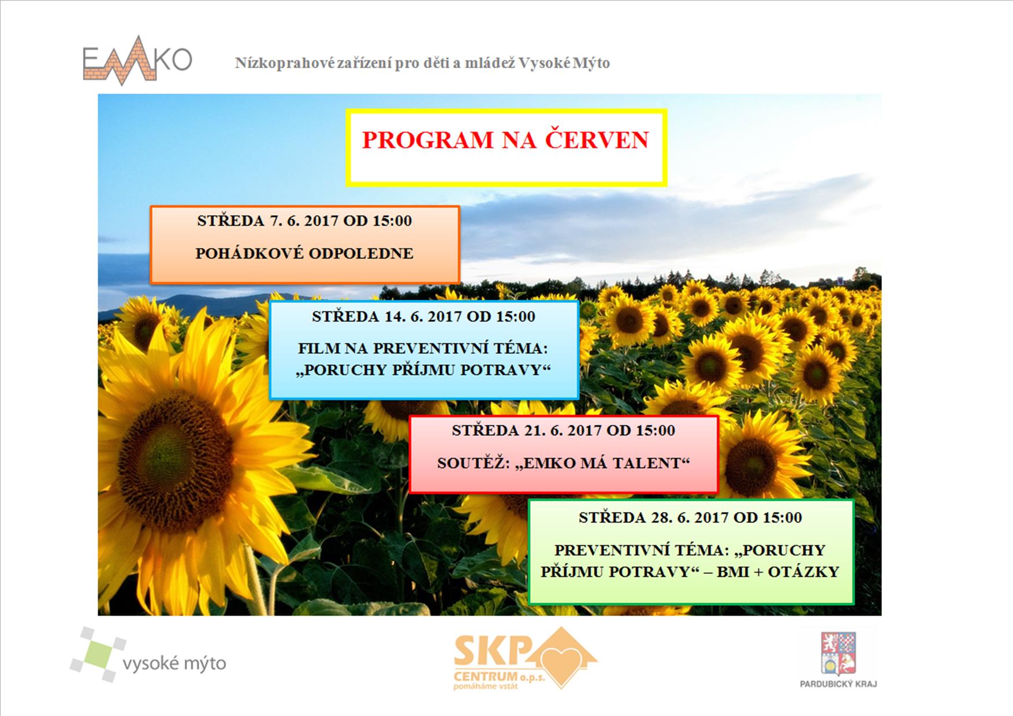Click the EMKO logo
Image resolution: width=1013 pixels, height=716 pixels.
pos(137,61)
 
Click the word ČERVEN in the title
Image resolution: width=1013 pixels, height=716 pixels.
pos(597,140)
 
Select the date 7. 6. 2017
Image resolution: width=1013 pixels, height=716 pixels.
pos(304,221)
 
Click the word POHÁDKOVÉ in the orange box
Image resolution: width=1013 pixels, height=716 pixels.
pos(248,253)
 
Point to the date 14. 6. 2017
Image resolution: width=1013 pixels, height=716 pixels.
pos(424,316)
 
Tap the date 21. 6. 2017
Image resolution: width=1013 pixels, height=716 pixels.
pos(564,430)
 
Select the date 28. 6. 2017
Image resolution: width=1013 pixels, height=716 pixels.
pos(690,517)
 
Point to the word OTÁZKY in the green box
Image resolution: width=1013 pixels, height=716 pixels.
pos(803,572)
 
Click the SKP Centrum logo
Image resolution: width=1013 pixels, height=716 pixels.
pos(525,658)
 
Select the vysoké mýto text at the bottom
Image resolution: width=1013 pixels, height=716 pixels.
pos(174,663)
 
